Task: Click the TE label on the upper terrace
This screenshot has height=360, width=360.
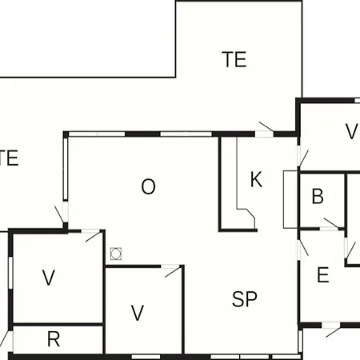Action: pos(234,59)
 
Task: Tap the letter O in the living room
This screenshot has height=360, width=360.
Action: pos(148,186)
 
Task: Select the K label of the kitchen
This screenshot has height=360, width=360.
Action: pos(256,179)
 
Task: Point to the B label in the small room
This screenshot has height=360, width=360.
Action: pos(318,196)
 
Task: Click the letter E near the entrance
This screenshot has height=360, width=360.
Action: pos(323,274)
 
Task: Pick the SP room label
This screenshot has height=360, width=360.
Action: pos(245,299)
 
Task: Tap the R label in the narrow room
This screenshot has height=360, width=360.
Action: pos(54,339)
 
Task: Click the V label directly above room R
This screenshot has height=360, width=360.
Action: pos(49,278)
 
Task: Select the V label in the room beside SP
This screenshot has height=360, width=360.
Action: pos(138,313)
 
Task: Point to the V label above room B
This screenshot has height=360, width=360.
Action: pos(351,131)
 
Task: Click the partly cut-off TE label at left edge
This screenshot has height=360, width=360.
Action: pos(9,158)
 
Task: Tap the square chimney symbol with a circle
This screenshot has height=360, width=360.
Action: pos(116,254)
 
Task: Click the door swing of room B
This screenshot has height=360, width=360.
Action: pos(331,223)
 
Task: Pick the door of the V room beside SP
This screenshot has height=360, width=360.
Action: pos(173,272)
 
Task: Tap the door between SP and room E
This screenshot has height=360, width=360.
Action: pos(303,248)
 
